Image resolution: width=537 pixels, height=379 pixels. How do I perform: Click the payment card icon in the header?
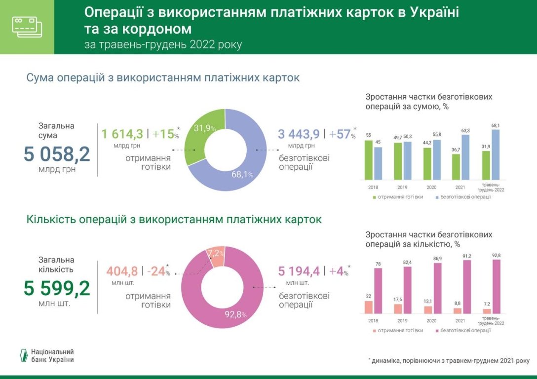pos(27,27)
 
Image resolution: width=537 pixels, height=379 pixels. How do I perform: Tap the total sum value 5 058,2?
pos(57,154)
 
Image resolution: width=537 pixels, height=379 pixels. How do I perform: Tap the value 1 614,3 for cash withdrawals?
pos(122,134)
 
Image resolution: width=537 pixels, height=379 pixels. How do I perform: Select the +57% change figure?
pos(342,134)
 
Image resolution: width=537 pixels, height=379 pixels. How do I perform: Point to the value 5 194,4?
pos(299,271)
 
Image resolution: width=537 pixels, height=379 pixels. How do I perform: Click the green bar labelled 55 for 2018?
pos(368,160)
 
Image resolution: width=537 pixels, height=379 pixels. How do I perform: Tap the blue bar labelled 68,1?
pos(496,154)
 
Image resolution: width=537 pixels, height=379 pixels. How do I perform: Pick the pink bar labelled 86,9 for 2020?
pos(437,288)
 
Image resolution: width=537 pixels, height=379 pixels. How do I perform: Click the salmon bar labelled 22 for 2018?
pos(368,307)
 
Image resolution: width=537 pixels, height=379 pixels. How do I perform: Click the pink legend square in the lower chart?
pos(437,330)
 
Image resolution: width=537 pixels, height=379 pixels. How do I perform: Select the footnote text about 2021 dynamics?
pos(449,361)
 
